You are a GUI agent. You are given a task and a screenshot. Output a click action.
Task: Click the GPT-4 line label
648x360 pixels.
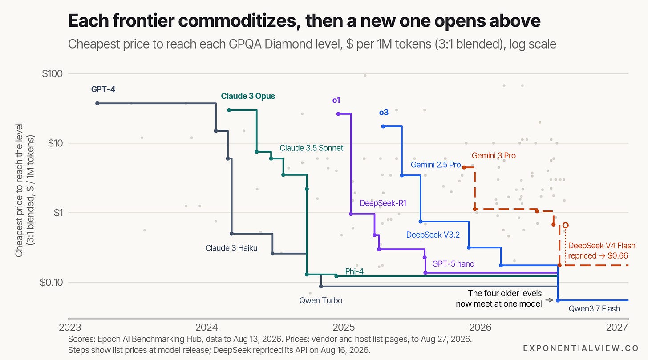tap(103, 89)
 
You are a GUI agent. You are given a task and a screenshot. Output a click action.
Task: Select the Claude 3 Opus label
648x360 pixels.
tap(248, 96)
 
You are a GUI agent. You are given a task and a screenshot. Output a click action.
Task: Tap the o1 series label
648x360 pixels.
tap(336, 100)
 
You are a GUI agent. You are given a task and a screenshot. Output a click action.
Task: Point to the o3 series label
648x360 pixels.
tap(384, 113)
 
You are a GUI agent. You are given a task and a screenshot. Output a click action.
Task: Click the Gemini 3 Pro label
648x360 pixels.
tap(494, 156)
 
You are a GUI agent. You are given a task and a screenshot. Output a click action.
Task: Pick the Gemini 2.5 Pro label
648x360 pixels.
tap(436, 165)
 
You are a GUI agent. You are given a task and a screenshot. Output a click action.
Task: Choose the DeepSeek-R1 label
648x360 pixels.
tap(383, 203)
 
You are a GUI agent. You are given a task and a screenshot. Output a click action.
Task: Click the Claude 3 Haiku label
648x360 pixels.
tap(231, 248)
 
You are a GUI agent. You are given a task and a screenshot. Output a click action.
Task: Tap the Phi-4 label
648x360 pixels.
tap(354, 271)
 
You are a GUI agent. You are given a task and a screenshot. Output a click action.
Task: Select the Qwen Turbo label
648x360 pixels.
tap(321, 300)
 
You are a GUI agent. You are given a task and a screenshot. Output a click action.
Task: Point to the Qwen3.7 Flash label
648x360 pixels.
tap(594, 308)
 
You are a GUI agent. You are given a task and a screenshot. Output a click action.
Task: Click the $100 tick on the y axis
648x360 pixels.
tap(53, 73)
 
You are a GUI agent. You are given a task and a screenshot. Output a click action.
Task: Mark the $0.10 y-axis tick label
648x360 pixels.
tap(51, 282)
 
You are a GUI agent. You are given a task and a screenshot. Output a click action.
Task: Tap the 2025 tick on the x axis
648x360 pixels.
tap(344, 328)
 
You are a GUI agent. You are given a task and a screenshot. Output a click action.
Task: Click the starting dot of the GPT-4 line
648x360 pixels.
tap(97, 103)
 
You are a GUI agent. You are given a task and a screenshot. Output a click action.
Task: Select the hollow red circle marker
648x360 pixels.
tap(566, 225)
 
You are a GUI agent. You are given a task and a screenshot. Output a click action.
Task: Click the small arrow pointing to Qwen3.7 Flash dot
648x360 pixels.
tap(549, 300)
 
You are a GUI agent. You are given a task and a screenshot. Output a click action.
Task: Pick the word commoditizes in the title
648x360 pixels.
tap(239, 21)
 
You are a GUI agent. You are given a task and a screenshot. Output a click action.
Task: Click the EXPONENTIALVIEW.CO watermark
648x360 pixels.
tap(581, 348)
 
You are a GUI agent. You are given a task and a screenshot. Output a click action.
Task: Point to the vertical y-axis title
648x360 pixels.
tap(24, 190)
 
